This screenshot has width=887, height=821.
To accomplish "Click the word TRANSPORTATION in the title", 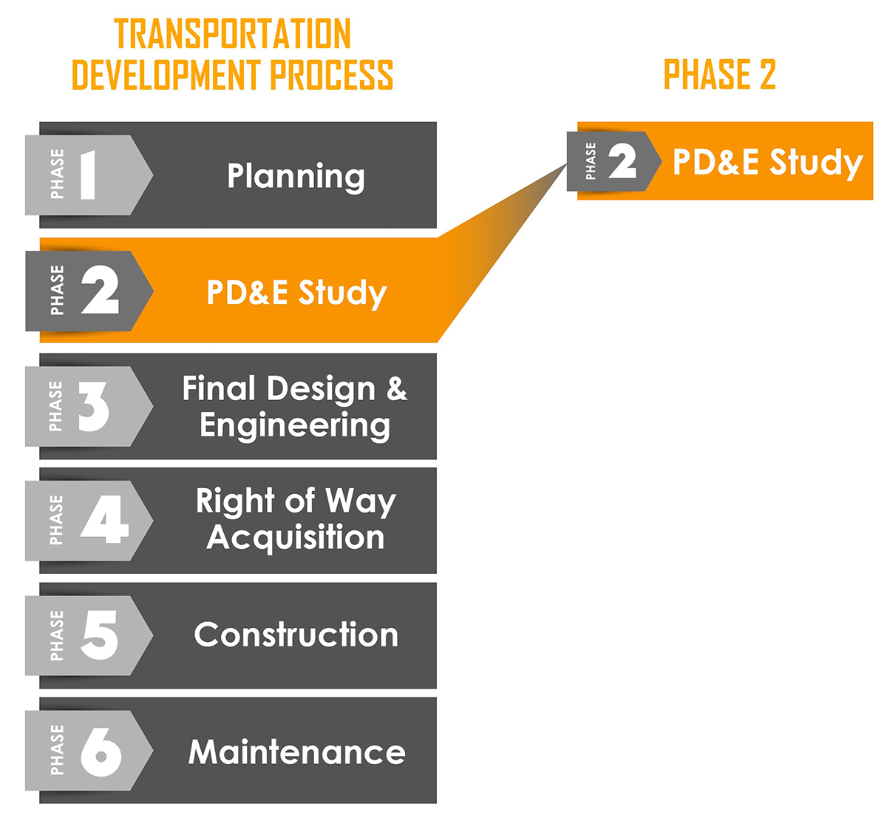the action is tap(233, 33).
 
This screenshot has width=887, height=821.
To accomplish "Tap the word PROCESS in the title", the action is tap(332, 75).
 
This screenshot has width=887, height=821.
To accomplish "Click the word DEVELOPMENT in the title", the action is tap(166, 75).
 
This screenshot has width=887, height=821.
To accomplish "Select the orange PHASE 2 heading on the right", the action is tap(719, 74).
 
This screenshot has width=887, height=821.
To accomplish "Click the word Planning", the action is tap(296, 177).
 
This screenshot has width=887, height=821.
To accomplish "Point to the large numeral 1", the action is tap(88, 175).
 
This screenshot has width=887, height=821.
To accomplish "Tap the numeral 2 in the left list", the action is tap(100, 290).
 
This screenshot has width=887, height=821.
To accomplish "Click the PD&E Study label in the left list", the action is tap(296, 293).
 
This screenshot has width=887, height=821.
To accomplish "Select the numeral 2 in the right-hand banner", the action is tap(622, 162).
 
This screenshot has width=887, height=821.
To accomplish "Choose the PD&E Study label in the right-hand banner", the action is tap(768, 163).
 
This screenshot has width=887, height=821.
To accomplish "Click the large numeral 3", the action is tap(94, 407).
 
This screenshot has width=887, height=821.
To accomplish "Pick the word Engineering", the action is tap(295, 426).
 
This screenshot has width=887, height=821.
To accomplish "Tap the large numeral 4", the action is tap(104, 519).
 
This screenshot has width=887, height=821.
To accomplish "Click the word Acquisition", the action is tap(295, 538).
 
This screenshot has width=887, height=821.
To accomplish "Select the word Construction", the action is tap(296, 635).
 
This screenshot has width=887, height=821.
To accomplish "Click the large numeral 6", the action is tap(101, 752).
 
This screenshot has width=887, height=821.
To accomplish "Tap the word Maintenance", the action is tap(297, 752).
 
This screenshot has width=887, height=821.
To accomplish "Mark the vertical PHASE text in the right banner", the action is tap(591, 161).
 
